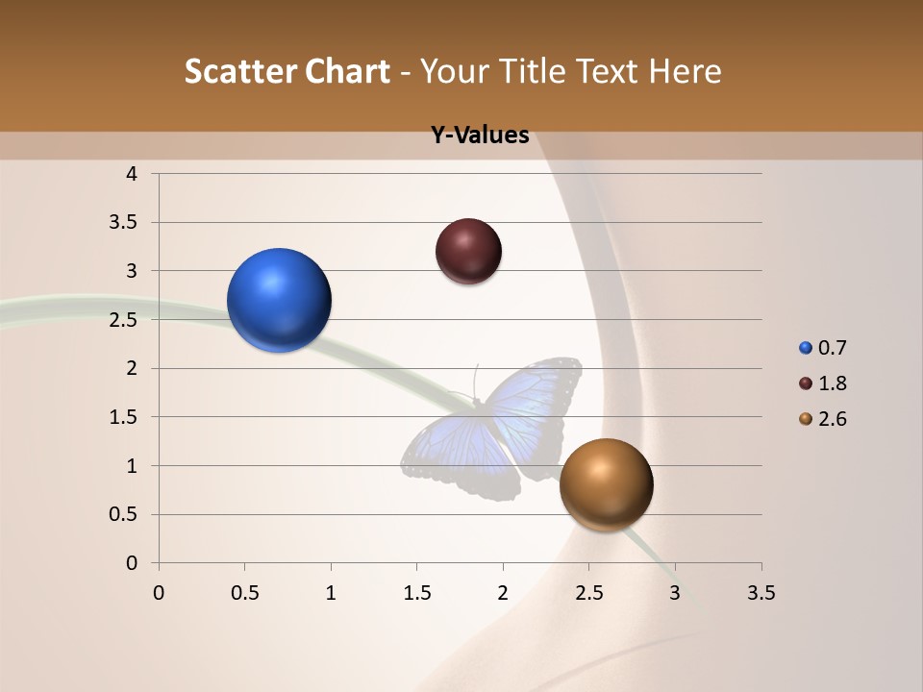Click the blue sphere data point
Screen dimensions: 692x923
point(280,300)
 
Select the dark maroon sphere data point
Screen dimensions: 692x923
point(468,251)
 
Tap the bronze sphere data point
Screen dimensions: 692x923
point(606,484)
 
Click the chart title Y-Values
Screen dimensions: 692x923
point(480,136)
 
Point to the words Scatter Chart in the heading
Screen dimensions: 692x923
point(287,71)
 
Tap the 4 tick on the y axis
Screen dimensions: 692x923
point(133,174)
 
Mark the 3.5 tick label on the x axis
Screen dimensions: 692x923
point(761,593)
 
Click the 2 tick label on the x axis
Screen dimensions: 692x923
point(503,593)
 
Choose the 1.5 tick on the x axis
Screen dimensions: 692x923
point(416,593)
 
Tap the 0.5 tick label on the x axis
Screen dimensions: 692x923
point(244,593)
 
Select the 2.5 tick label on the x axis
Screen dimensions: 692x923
point(588,593)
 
